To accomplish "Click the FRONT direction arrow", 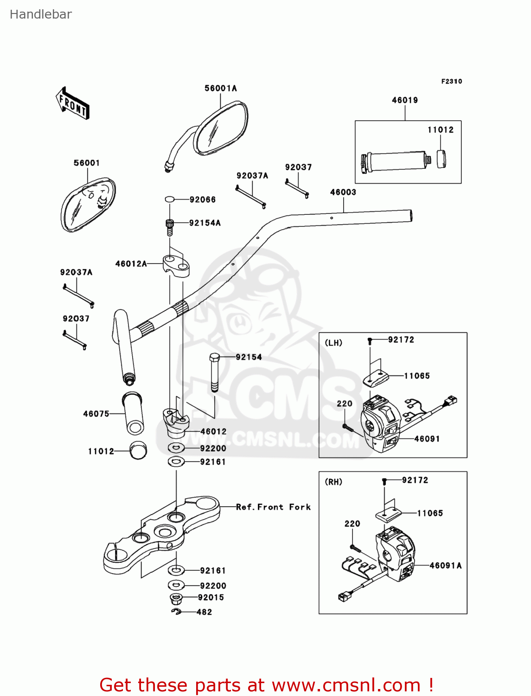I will [x=72, y=103].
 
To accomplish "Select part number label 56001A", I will [x=221, y=88].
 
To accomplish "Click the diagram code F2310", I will [x=451, y=81].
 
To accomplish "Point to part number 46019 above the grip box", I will [x=404, y=100].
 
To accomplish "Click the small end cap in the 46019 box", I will [x=441, y=159].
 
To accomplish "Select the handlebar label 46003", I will [x=343, y=192].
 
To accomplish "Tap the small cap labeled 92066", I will [x=170, y=200].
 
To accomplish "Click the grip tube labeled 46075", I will [x=133, y=413].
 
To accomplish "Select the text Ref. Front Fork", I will [x=273, y=507].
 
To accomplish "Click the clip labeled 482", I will [x=176, y=612].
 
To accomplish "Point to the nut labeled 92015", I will [x=176, y=598].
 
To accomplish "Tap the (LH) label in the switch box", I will [x=333, y=343].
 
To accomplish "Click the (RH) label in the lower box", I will [x=333, y=482].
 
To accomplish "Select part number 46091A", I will [x=445, y=566].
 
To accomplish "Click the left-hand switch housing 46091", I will [x=380, y=422].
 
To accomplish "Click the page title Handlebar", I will [x=41, y=15].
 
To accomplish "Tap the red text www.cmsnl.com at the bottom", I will [x=346, y=685].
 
